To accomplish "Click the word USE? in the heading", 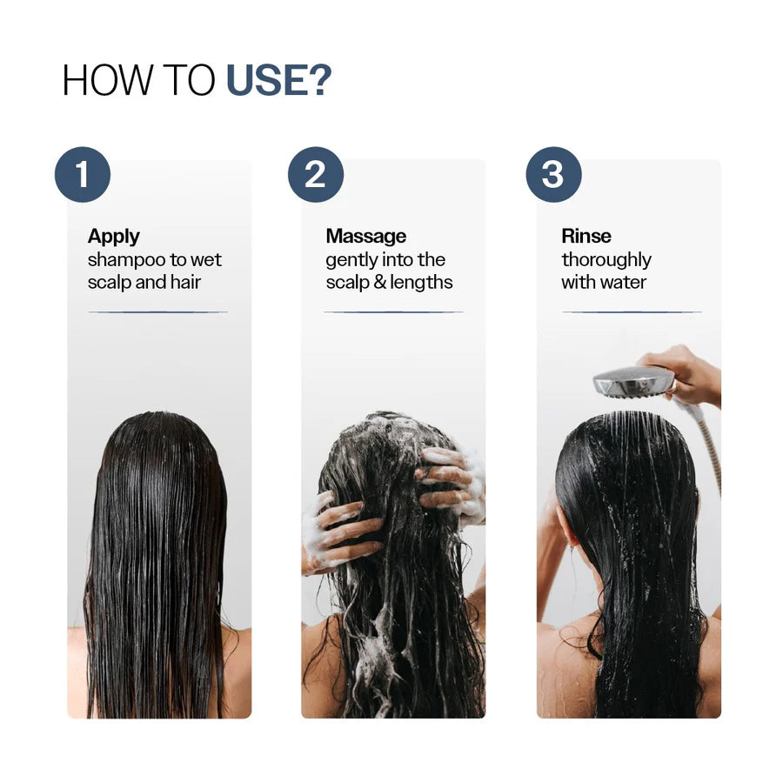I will (278, 80).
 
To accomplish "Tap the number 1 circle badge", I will (83, 175).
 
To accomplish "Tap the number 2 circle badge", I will (316, 175).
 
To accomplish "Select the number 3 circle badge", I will (553, 175).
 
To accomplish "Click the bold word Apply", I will (114, 236).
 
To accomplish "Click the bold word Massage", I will (365, 236).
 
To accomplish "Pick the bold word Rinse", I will (586, 236).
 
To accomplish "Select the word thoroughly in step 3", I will (606, 260).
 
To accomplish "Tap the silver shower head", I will (633, 381).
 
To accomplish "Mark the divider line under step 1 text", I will (157, 311).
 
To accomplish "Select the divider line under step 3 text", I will (631, 311).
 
